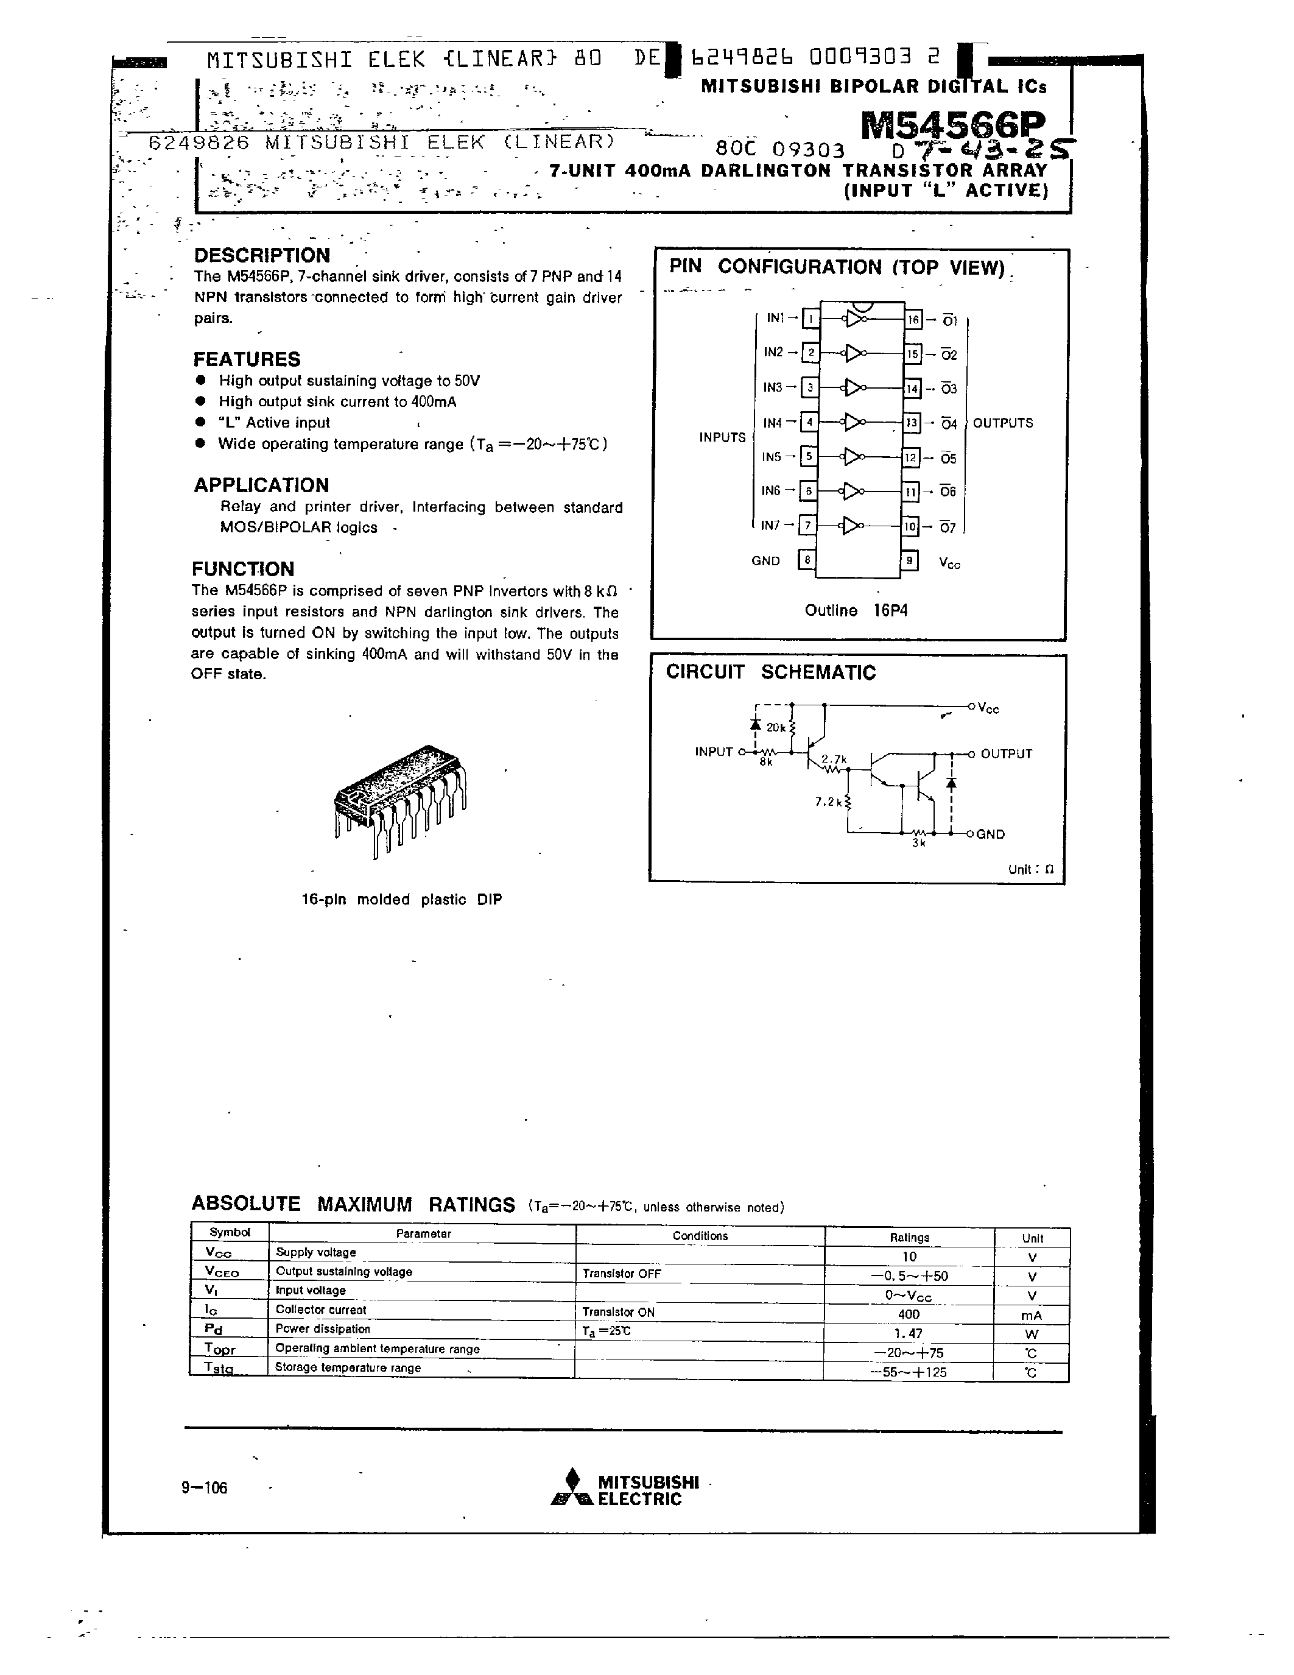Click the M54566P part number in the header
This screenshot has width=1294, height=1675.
pos(952,126)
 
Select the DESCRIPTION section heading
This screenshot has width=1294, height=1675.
pos(261,255)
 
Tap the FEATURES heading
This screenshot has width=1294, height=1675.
pos(246,359)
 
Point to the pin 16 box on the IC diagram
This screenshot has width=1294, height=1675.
pos(912,320)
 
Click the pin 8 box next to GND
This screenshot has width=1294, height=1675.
pos(806,560)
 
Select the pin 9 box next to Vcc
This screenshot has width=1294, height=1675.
pos(909,560)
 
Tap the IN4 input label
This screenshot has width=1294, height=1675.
pos(772,423)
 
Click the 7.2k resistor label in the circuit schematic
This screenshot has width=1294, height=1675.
pos(828,802)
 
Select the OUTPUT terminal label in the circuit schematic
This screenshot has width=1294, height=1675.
pos(1006,754)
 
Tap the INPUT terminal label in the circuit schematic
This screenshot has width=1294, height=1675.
pos(714,752)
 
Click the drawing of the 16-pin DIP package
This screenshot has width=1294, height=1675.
pos(400,802)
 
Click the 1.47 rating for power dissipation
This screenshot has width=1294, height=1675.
pos(909,1334)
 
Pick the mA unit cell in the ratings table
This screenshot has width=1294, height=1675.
pos(1031,1314)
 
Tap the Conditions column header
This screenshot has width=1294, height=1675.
pos(700,1236)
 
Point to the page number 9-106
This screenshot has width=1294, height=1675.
pos(205,1488)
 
